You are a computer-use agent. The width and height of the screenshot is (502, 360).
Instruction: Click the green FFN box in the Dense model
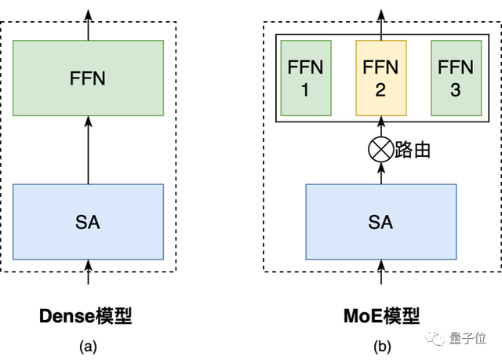pyautogui.click(x=88, y=78)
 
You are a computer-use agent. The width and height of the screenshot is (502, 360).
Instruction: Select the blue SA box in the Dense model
pyautogui.click(x=88, y=223)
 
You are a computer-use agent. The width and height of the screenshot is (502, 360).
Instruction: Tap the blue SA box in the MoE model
pyautogui.click(x=380, y=223)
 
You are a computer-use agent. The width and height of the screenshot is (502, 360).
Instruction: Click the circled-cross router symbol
pyautogui.click(x=380, y=150)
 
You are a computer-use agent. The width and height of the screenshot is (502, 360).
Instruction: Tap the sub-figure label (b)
pyautogui.click(x=381, y=345)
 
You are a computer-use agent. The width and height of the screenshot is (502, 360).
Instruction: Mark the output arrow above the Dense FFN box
pyautogui.click(x=88, y=25)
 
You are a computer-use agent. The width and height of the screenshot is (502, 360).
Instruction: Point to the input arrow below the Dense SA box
pyautogui.click(x=88, y=274)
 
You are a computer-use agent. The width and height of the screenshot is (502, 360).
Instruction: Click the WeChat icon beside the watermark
pyautogui.click(x=436, y=339)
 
